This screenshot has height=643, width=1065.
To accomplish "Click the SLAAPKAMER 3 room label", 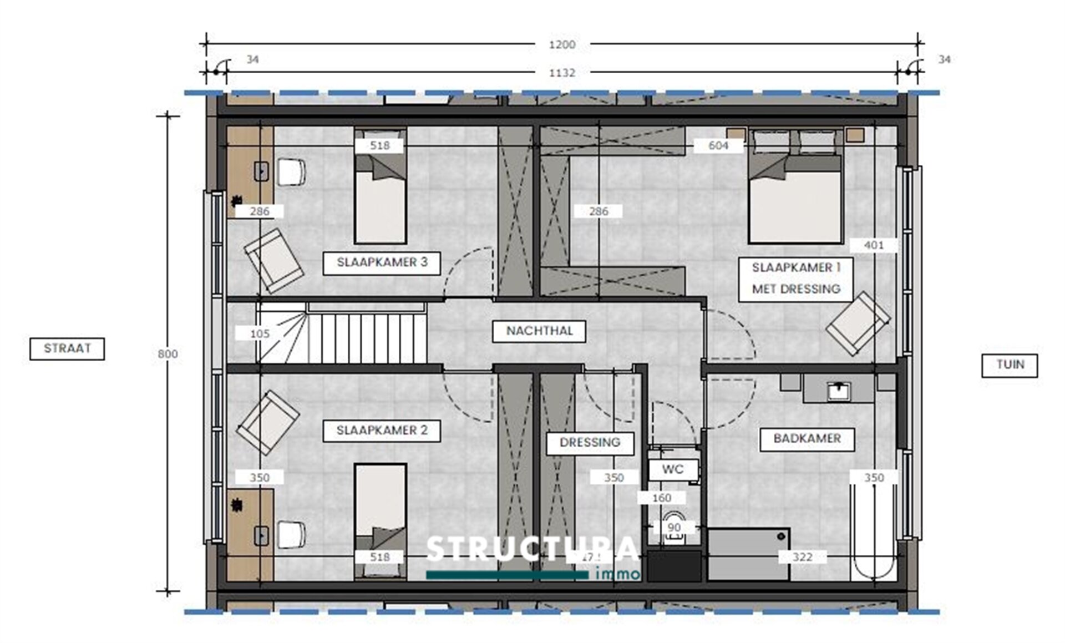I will coord(382,263).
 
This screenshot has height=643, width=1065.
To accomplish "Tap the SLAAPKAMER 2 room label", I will coord(382,431).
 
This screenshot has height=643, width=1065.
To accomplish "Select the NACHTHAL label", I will coord(539,331).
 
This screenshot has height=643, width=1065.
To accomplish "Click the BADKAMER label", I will coord(807,439).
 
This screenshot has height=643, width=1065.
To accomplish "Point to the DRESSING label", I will coord(590,443).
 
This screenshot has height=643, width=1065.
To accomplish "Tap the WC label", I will coord(672,470).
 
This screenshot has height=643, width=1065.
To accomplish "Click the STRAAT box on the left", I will coord(67,349).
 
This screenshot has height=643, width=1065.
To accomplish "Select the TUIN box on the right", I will coord(1009,365).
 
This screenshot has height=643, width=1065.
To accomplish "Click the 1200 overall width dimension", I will coord(562,45).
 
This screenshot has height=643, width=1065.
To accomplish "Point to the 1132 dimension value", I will coord(562,73).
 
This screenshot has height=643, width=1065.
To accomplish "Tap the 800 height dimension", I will coord(168,354).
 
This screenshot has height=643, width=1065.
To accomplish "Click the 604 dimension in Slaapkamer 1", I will coord(718,146).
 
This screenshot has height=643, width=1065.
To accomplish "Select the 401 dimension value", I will coord(874,245).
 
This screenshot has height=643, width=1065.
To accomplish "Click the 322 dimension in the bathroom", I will coord(802,557).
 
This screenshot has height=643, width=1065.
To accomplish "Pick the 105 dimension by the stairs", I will coord(260,334).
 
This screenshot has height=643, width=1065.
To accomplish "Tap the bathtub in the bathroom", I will coord(873,533).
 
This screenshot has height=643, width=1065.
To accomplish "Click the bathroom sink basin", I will coord(838,391).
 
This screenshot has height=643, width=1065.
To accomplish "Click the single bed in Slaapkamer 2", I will coord(381,516).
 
